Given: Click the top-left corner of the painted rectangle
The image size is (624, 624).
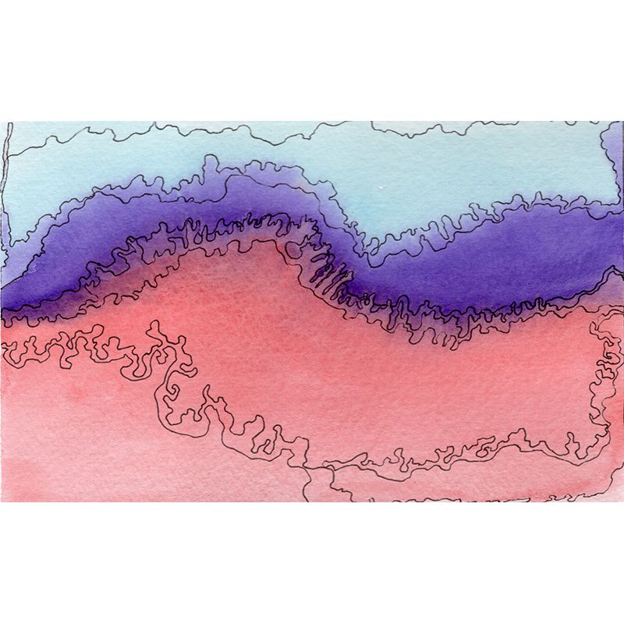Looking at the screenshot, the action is coord(2,122).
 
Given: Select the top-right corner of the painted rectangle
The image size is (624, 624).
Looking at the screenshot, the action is coord(622,122).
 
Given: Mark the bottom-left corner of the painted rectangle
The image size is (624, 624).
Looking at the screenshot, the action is coord(2,501).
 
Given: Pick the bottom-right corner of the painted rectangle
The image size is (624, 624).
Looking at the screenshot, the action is coord(622,501).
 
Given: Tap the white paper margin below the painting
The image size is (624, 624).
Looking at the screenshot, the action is coord(312,562).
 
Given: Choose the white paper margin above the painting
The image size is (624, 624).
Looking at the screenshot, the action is coord(312,62).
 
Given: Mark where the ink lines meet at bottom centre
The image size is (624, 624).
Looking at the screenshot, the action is coord(312,469).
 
